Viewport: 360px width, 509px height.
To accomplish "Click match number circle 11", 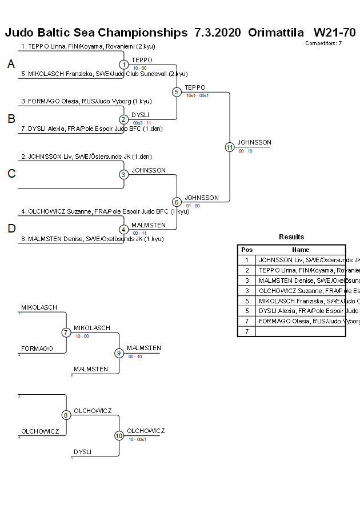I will [x=229, y=147].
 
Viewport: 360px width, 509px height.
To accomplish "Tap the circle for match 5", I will [x=177, y=92].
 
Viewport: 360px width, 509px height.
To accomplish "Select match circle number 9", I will [x=119, y=353].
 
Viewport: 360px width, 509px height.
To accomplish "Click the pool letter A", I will [x=11, y=65].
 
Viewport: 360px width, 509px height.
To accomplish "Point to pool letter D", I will [x=11, y=229].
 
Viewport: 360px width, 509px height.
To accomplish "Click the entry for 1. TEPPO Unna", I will [x=88, y=46].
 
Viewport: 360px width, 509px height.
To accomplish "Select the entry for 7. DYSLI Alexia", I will [x=91, y=129].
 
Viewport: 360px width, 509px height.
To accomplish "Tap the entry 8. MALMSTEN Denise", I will [x=92, y=239].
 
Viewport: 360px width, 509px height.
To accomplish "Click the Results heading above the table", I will [x=291, y=237].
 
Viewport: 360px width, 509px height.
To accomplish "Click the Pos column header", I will [x=247, y=250].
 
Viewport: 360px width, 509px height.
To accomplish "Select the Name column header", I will [x=301, y=250].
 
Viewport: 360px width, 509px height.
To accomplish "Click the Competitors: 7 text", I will [x=323, y=43].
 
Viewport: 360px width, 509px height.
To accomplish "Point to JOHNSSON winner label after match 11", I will [x=254, y=142].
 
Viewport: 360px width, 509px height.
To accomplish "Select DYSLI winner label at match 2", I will [x=141, y=115].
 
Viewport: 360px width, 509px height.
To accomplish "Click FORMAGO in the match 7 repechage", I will [x=37, y=348].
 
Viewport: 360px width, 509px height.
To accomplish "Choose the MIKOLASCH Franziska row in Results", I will [x=301, y=300].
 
